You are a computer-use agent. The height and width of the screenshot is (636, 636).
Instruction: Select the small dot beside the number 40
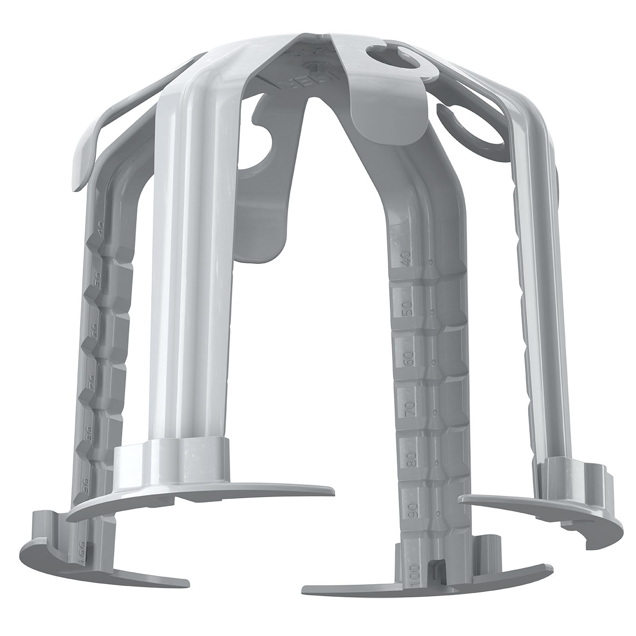(430, 263)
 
